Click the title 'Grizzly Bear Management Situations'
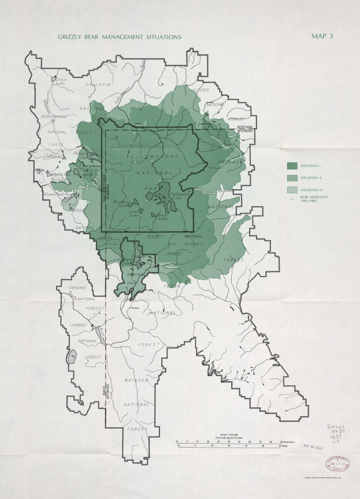coord(120,36)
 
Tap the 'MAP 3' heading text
coord(322,36)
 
